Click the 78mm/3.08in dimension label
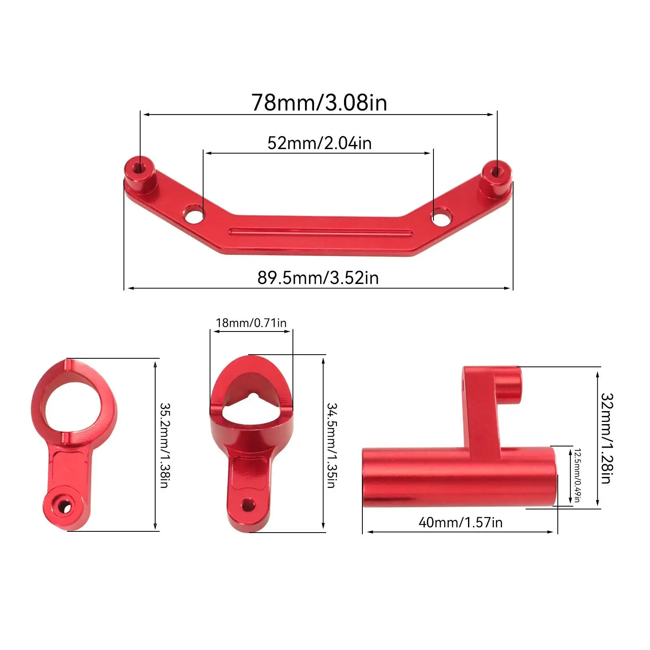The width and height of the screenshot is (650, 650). point(319,102)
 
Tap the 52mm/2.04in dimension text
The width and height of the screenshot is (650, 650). point(319,143)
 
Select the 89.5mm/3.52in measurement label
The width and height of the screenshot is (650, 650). point(318,278)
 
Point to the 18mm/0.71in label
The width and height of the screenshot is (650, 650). point(251,323)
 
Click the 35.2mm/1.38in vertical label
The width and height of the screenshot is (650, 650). point(165,445)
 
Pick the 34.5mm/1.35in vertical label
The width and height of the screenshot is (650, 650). point(332,445)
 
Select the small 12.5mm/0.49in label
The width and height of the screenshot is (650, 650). point(577,475)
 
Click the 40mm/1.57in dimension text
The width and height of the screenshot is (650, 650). point(460,522)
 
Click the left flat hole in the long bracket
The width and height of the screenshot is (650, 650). point(194,214)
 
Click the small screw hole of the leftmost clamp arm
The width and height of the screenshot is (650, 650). point(64,506)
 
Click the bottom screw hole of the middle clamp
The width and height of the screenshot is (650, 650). point(247,505)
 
